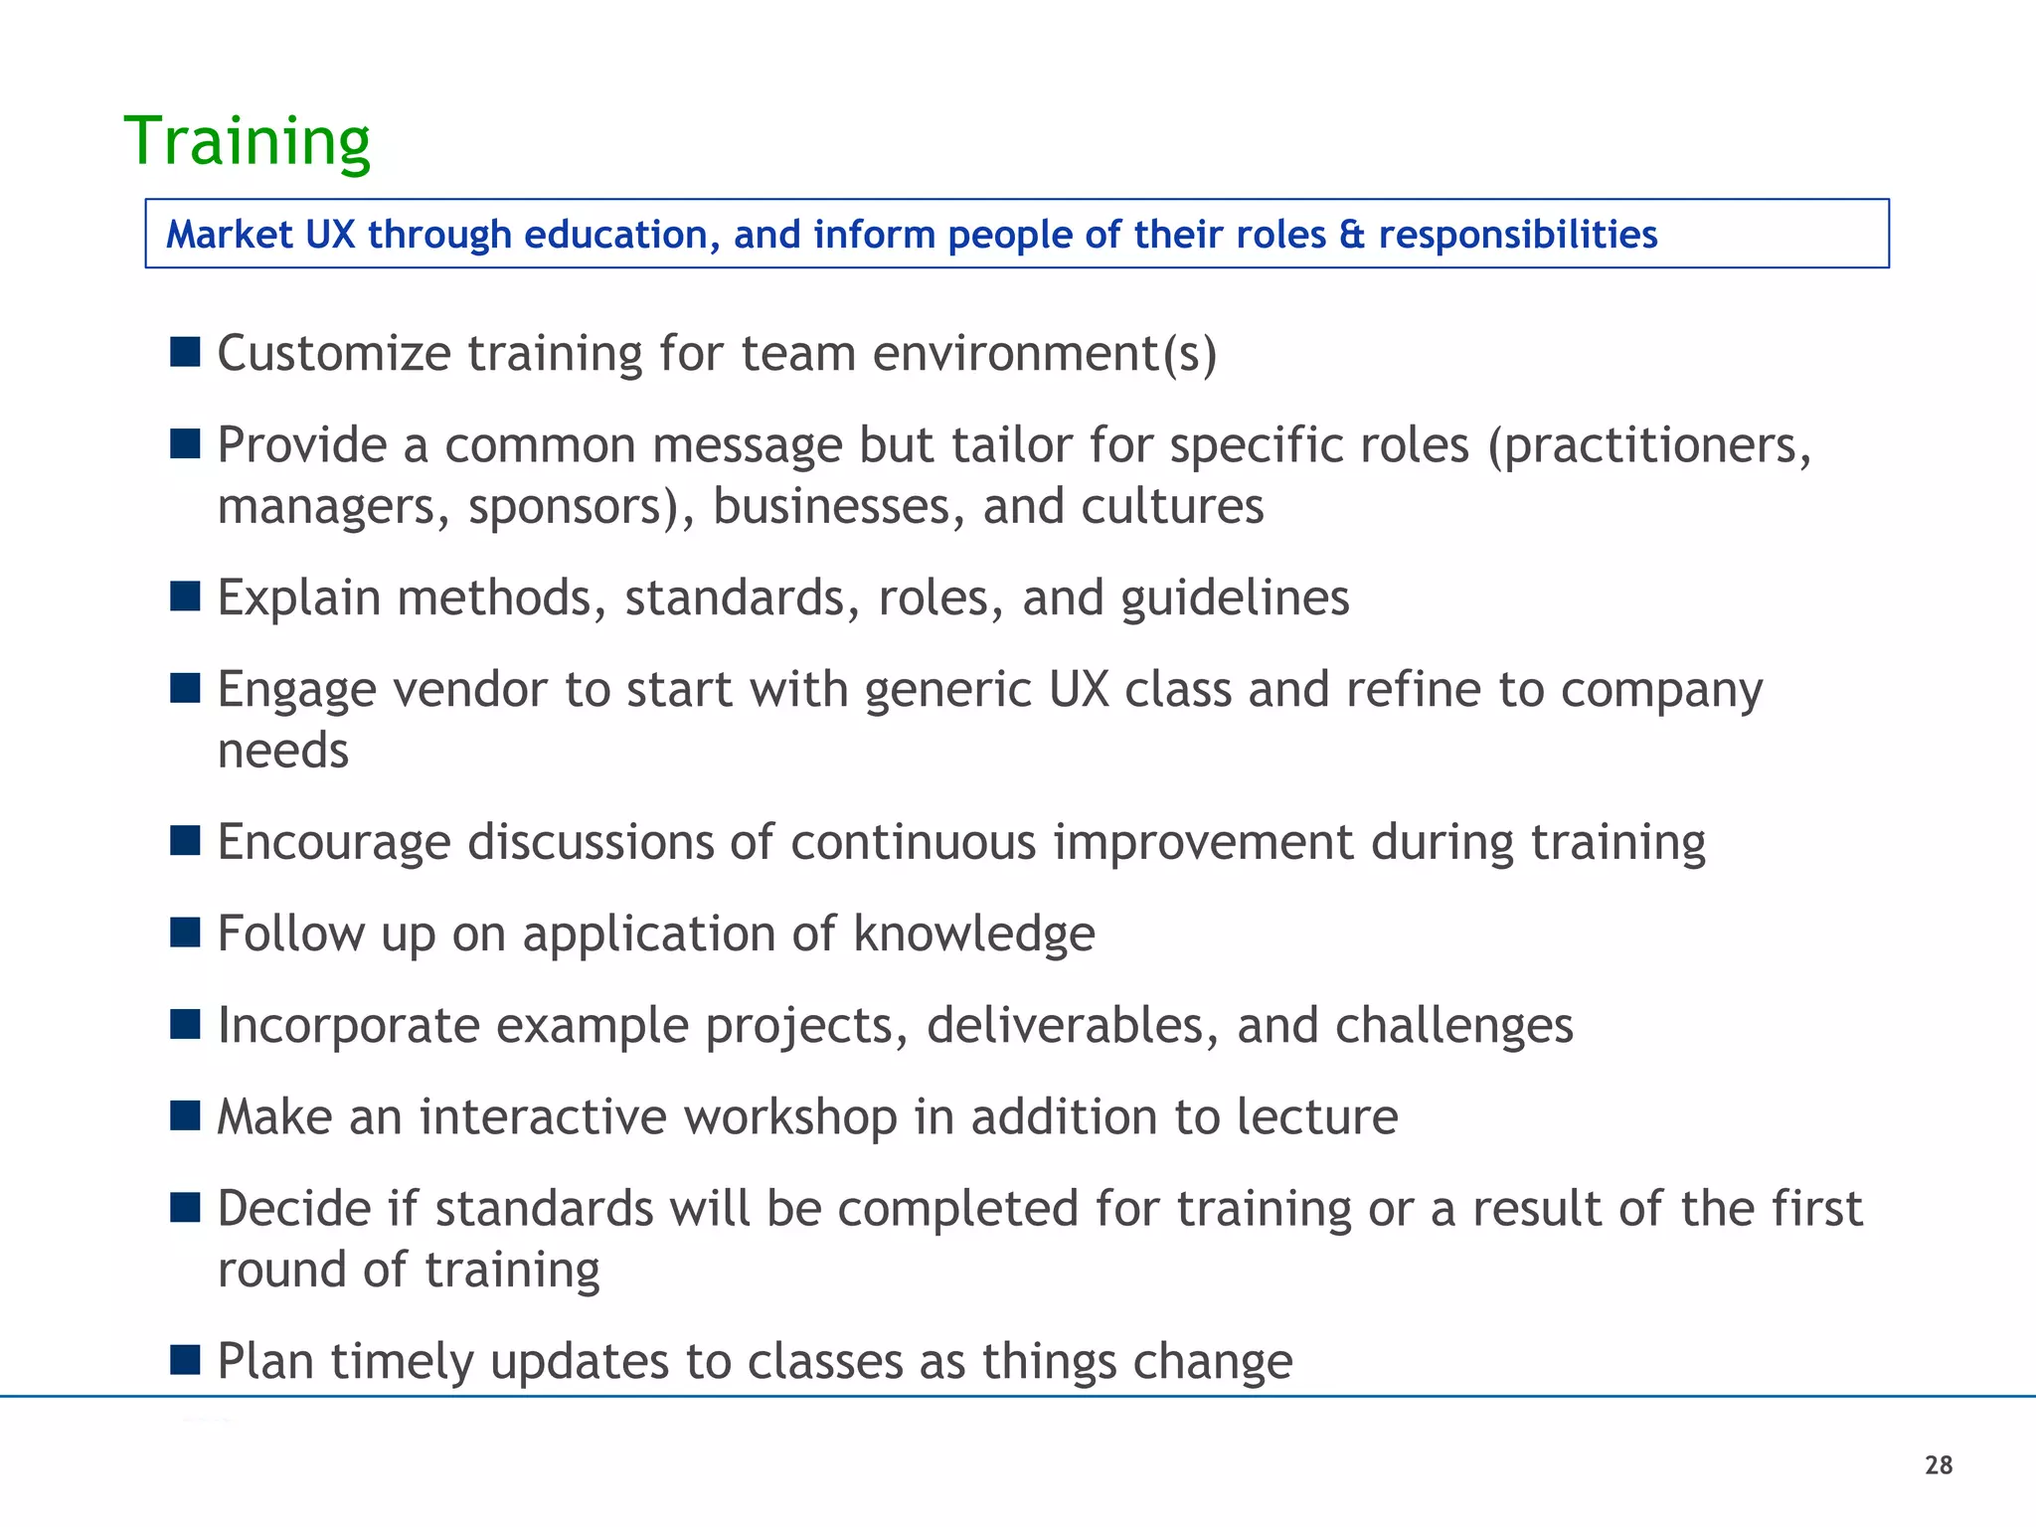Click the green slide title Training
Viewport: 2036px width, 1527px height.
[x=247, y=142]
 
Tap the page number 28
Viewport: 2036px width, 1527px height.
[x=1939, y=1465]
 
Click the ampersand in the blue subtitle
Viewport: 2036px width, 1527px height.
[x=1352, y=236]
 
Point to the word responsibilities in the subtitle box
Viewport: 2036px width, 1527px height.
[x=1518, y=236]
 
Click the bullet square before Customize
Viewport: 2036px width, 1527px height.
[x=185, y=351]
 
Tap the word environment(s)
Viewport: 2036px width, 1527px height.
[x=1044, y=354]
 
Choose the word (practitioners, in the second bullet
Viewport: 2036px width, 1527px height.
[x=1650, y=446]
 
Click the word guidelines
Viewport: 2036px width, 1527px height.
[x=1235, y=598]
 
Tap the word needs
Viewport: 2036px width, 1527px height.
[x=283, y=752]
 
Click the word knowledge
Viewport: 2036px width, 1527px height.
[x=973, y=934]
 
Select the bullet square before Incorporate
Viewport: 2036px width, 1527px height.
[x=185, y=1024]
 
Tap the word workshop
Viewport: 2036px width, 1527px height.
[x=790, y=1117]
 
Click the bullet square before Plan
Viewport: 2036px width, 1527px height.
[x=185, y=1359]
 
